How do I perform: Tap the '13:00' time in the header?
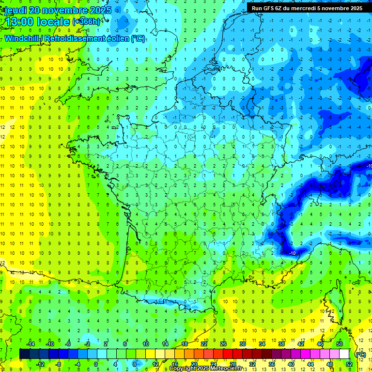coord(20,22)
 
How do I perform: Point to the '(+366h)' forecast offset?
coord(87,22)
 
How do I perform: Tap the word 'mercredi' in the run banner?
coord(315,8)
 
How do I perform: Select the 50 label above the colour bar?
coord(340,343)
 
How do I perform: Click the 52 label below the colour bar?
coord(349,364)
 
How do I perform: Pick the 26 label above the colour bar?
coord(223,343)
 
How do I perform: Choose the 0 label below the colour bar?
coord(96,364)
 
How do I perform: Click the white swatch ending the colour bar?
coord(344,354)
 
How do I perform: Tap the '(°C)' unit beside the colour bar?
coord(361,354)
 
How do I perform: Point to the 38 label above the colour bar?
coord(281,343)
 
